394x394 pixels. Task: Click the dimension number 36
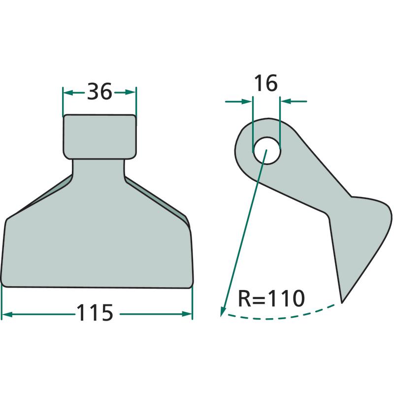tap(99, 92)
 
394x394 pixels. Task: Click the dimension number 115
tap(95, 313)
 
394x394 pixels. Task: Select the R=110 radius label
tap(271, 298)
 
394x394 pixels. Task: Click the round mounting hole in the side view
tap(267, 151)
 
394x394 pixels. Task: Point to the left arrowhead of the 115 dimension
tap(7, 314)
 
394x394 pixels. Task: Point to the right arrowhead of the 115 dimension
tap(187, 314)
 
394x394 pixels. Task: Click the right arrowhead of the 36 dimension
tap(131, 93)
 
